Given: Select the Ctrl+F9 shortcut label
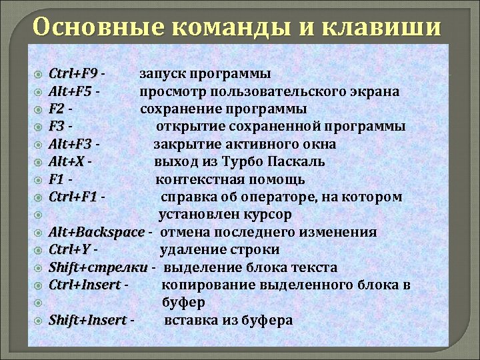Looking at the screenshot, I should (x=73, y=73).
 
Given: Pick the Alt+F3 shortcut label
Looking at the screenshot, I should (x=71, y=144).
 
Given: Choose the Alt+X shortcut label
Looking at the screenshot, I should (x=67, y=162).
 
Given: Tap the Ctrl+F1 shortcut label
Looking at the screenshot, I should (x=73, y=197).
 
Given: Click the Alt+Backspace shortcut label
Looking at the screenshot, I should (x=97, y=233).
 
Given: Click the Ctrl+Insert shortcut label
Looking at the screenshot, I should (x=85, y=285).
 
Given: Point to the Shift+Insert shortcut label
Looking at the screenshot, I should (x=87, y=321).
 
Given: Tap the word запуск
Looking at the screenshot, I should (x=161, y=73).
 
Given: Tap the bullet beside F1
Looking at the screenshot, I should (x=39, y=180).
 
